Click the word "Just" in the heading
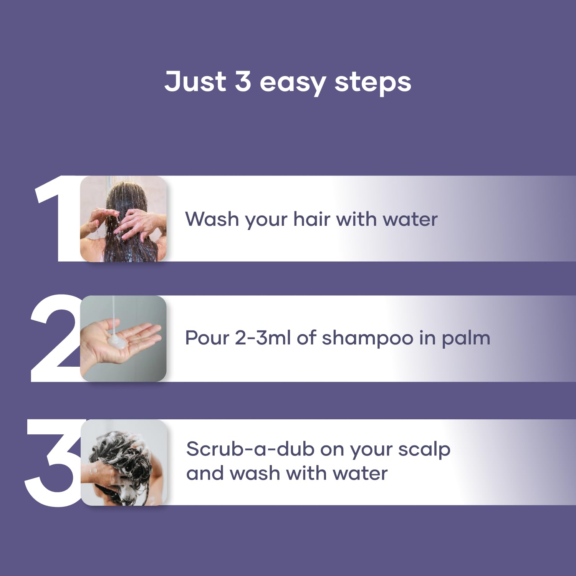click(195, 81)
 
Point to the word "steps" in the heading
click(372, 83)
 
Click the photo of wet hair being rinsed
click(123, 219)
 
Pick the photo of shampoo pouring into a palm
click(123, 338)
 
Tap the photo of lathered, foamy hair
click(124, 462)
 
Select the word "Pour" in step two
click(207, 338)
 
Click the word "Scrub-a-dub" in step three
click(250, 449)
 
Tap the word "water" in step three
click(360, 473)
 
